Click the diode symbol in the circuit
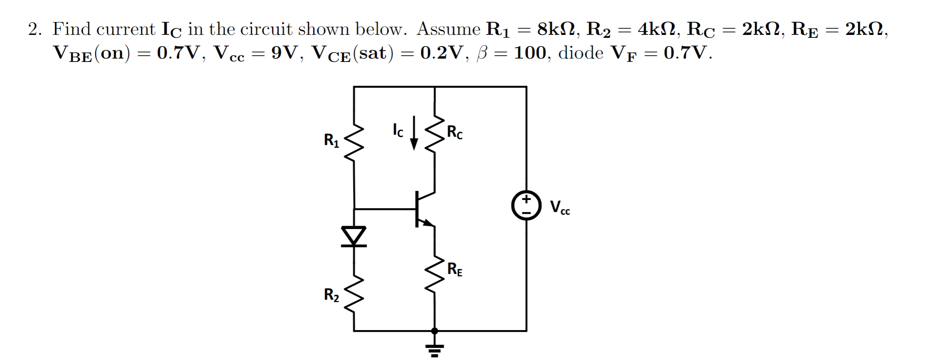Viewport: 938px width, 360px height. pyautogui.click(x=354, y=236)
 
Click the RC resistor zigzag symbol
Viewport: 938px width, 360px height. pyautogui.click(x=434, y=133)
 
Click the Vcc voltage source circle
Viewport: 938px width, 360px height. pyautogui.click(x=526, y=205)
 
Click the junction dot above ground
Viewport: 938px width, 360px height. pyautogui.click(x=434, y=331)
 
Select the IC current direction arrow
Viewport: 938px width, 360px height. pyautogui.click(x=414, y=133)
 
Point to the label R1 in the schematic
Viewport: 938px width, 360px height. pyautogui.click(x=331, y=141)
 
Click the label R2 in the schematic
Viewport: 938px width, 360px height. pyautogui.click(x=331, y=295)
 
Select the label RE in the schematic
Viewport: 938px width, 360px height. pyautogui.click(x=454, y=269)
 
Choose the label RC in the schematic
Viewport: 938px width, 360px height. pyautogui.click(x=454, y=132)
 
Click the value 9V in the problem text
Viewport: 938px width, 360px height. pyautogui.click(x=286, y=53)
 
